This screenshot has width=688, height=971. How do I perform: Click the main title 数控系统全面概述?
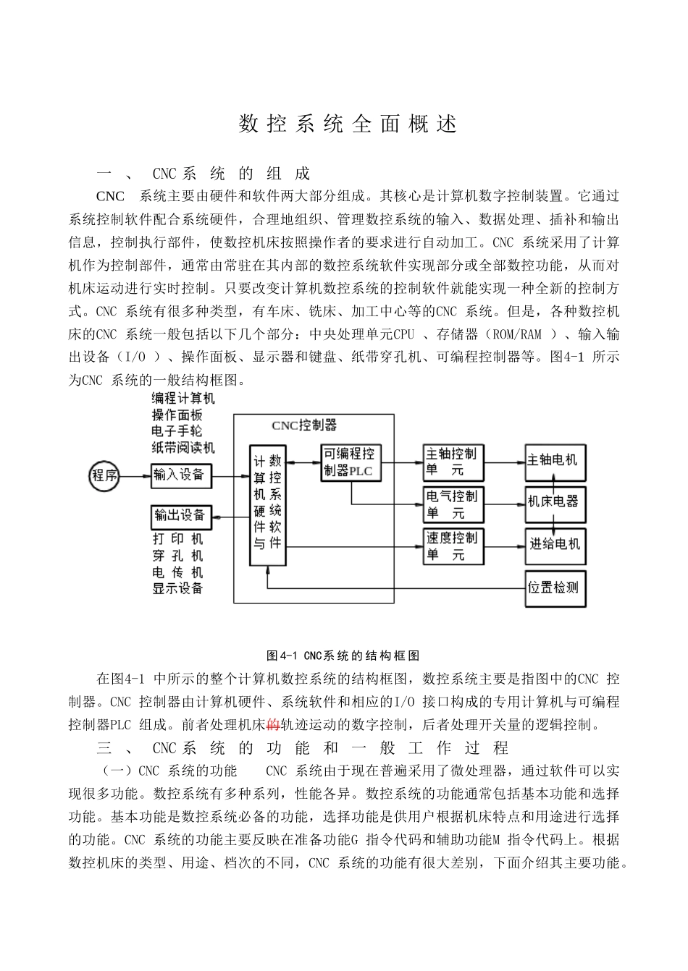348,124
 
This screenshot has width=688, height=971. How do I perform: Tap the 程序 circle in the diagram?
104,476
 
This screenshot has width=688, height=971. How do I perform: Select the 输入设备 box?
181,476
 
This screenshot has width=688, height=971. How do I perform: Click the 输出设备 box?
181,517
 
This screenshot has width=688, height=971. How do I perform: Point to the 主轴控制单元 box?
453,462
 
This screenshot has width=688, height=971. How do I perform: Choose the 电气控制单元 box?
453,504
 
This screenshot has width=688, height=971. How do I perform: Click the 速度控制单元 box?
453,546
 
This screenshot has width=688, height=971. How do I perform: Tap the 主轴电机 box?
555,461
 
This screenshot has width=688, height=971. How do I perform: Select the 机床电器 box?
555,501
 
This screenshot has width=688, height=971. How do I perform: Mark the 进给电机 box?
555,544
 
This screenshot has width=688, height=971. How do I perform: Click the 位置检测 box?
555,588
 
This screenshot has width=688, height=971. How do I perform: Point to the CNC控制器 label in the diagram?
304,425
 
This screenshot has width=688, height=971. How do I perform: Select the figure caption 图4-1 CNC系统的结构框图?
343,656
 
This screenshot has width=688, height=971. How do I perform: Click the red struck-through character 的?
274,724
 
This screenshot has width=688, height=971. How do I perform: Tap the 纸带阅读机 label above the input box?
183,448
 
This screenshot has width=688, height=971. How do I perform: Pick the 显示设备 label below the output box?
178,588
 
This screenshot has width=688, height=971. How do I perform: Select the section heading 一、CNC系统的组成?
204,174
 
